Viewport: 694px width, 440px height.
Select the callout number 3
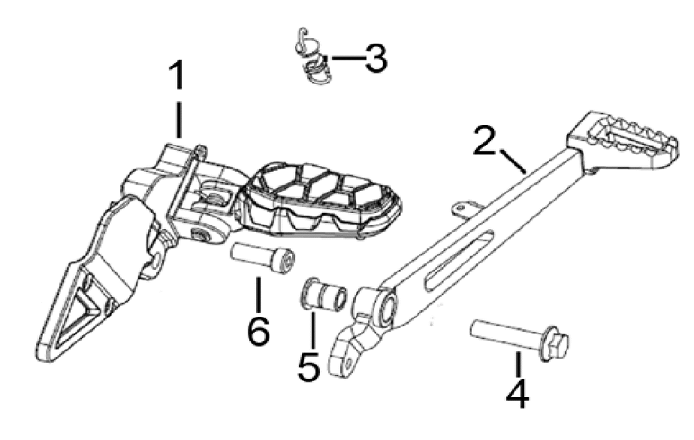pos(375,58)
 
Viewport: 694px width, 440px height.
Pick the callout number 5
pos(310,366)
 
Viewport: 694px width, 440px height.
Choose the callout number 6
pos(258,330)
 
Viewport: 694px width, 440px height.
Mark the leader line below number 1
pos(178,120)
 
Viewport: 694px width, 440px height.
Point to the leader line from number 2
pos(514,162)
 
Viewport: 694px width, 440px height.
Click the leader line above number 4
pos(516,364)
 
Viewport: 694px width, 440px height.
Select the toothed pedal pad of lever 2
pos(623,140)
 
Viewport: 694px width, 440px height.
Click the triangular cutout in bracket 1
pos(86,301)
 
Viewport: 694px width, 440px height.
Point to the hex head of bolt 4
pos(556,344)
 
